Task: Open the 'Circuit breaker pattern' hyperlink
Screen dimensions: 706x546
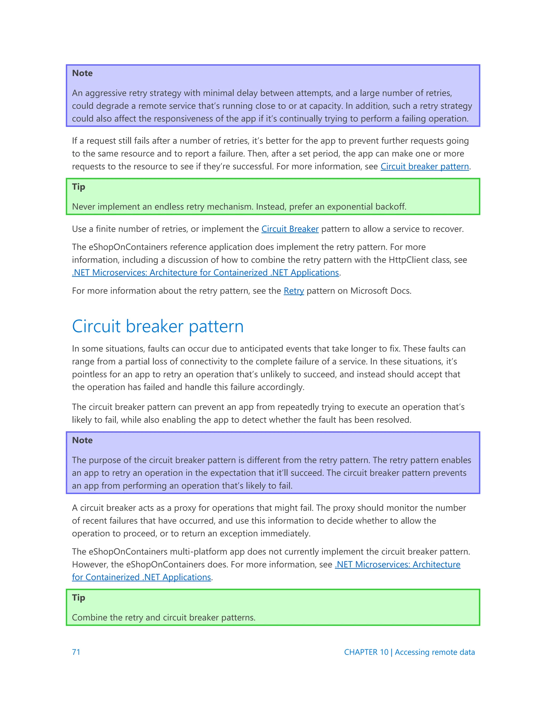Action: click(424, 167)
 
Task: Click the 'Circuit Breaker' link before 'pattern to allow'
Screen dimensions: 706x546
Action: click(290, 229)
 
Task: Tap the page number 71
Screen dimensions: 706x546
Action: click(76, 652)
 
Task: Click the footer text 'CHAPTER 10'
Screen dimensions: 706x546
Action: click(366, 652)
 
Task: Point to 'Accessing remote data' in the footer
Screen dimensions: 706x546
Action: click(435, 652)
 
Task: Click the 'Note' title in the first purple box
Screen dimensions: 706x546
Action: click(82, 73)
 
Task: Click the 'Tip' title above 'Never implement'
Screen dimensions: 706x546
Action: click(79, 186)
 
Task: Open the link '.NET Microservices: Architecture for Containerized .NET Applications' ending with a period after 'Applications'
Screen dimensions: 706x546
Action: click(205, 273)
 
